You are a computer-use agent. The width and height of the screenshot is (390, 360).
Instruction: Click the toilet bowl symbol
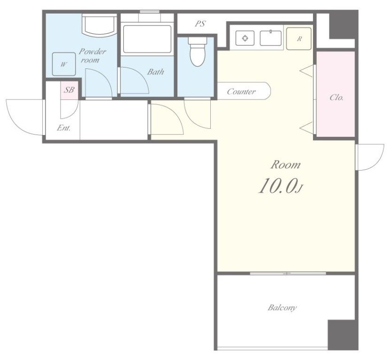[x=198, y=52]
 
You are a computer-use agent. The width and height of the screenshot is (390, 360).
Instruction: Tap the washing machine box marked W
[x=64, y=64]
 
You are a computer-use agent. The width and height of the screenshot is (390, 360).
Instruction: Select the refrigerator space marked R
[x=298, y=38]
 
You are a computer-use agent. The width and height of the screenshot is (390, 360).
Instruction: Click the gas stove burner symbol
[x=245, y=38]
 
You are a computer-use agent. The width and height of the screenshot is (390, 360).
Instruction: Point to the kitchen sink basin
[x=271, y=38]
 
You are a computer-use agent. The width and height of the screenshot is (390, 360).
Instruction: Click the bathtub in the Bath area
[x=147, y=39]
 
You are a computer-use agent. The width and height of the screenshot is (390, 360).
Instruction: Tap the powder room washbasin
[x=99, y=25]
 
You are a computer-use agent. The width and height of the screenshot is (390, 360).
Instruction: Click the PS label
[x=200, y=24]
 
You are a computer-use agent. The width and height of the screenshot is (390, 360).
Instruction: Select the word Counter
[x=241, y=91]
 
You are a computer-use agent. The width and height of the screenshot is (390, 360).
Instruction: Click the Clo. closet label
[x=336, y=97]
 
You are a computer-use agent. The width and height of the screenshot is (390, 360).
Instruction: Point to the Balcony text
[x=282, y=307]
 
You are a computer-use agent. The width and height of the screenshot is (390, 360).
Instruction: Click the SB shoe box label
[x=69, y=90]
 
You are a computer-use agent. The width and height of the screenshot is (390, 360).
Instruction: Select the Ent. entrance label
[x=64, y=128]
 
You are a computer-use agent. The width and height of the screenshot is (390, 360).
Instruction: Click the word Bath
[x=156, y=72]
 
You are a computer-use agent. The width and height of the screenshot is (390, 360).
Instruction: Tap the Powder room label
[x=92, y=56]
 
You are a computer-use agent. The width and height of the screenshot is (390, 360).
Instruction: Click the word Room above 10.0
[x=285, y=165]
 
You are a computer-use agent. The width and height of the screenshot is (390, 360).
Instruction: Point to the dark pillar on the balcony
[x=343, y=335]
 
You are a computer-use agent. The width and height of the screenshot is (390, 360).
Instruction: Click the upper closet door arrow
[x=306, y=71]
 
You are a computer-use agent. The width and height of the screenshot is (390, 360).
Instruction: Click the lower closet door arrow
[x=306, y=128]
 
